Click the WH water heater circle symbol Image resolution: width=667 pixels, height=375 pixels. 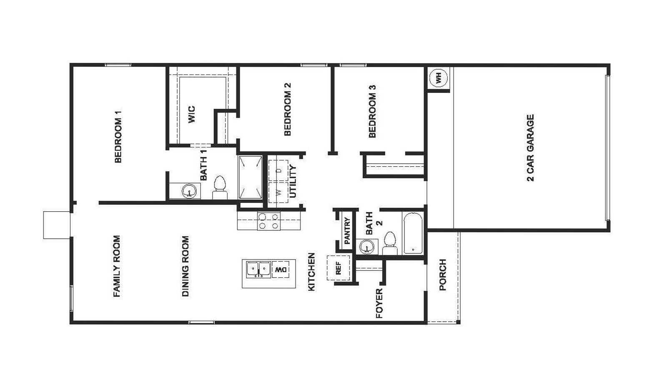pyautogui.click(x=439, y=77)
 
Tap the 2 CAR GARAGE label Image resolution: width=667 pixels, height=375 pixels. pyautogui.click(x=530, y=148)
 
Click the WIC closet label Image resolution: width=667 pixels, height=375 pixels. pyautogui.click(x=191, y=115)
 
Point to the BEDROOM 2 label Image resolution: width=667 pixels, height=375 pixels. pyautogui.click(x=287, y=109)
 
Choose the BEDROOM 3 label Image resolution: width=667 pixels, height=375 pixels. pyautogui.click(x=372, y=111)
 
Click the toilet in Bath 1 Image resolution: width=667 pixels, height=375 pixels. pyautogui.click(x=219, y=188)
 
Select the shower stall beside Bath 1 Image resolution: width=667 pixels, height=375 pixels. pyautogui.click(x=250, y=177)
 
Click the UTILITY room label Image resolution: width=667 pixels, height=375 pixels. pyautogui.click(x=293, y=182)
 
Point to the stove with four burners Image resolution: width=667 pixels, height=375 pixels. pyautogui.click(x=269, y=221)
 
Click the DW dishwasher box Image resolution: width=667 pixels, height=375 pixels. pyautogui.click(x=281, y=270)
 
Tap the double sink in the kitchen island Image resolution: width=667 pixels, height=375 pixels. pyautogui.click(x=258, y=270)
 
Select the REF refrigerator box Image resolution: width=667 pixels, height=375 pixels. pyautogui.click(x=338, y=268)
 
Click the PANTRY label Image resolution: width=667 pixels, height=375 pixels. pyautogui.click(x=347, y=231)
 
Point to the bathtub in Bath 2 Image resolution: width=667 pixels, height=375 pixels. pyautogui.click(x=413, y=233)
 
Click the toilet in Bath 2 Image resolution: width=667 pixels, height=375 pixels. pyautogui.click(x=390, y=243)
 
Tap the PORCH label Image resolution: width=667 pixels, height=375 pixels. pyautogui.click(x=443, y=275)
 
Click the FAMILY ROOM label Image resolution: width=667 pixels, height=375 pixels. pyautogui.click(x=117, y=266)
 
